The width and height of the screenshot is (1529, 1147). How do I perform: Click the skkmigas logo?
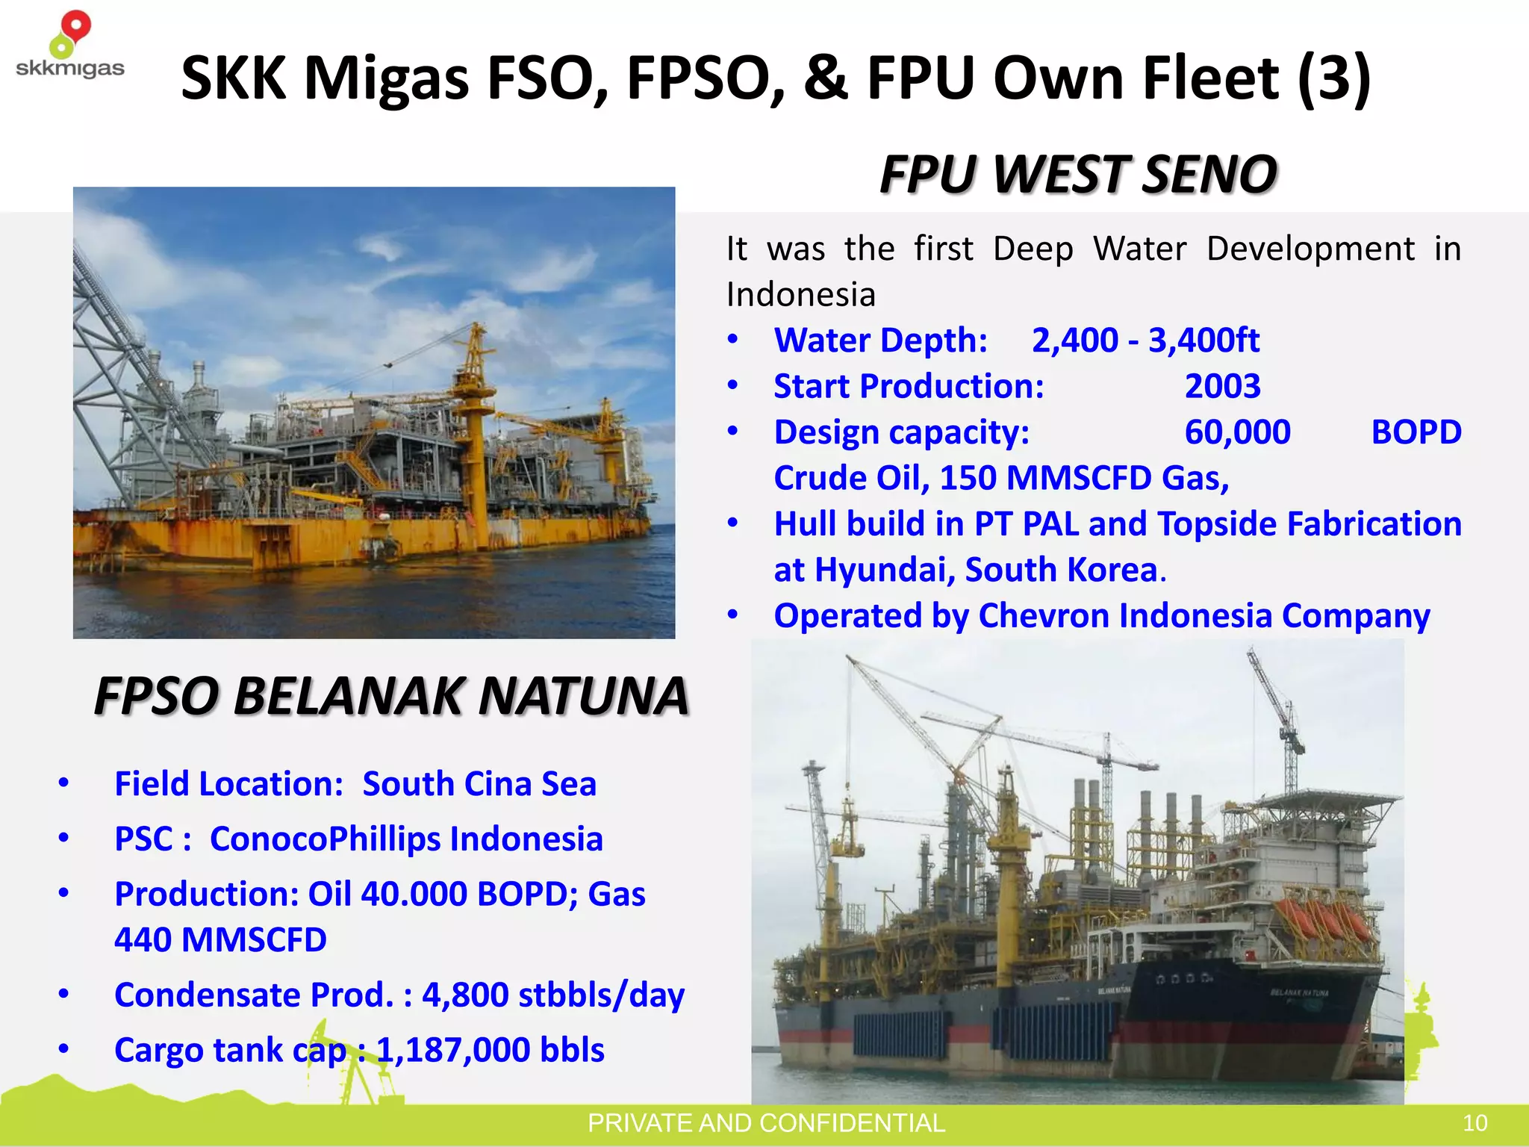[69, 46]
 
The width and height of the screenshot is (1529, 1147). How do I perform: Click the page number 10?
[1474, 1123]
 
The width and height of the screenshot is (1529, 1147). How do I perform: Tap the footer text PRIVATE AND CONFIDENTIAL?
[766, 1123]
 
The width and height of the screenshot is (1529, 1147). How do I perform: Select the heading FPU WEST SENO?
[1077, 174]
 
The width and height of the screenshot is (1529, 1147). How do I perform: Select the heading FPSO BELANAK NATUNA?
[390, 696]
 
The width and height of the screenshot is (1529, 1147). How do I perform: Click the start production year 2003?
[1222, 387]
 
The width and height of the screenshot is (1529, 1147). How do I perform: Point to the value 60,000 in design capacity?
[1237, 432]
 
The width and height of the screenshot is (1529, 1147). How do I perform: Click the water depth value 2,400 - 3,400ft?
[1145, 341]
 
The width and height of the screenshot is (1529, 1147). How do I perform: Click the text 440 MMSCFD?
[220, 940]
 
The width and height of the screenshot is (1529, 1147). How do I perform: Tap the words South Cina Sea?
[479, 784]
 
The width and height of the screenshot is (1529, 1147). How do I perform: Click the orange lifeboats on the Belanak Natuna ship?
[1320, 920]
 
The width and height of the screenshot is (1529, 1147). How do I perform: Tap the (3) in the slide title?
[1334, 78]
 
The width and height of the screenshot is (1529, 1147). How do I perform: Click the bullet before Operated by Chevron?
[733, 615]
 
